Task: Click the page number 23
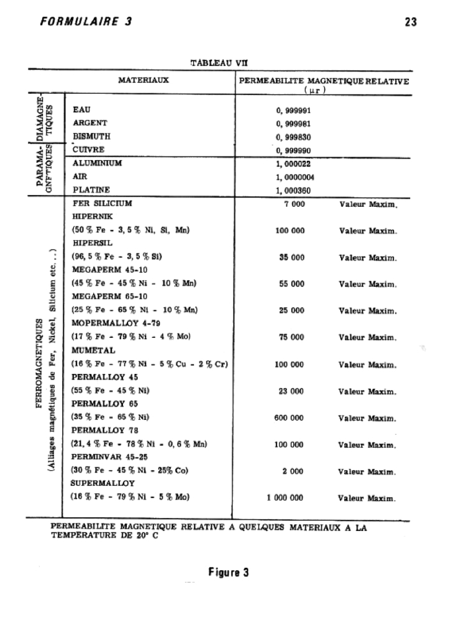tap(410, 22)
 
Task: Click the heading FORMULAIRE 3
tap(85, 22)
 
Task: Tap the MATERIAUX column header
tap(144, 79)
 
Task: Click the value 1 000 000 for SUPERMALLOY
tap(286, 497)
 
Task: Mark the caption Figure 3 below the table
tap(229, 572)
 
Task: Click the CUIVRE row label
tap(88, 150)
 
